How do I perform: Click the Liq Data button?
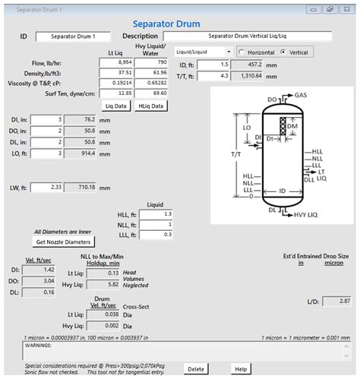(116, 106)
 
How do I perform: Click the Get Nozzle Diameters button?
(63, 242)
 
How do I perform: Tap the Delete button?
(196, 369)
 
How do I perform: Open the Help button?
(241, 369)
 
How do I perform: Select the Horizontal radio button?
(242, 52)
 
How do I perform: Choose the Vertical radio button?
(283, 52)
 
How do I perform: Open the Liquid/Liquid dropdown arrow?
(229, 52)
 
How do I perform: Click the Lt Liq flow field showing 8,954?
(116, 62)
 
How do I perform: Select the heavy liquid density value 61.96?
(151, 73)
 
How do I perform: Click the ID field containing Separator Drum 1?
(73, 36)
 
